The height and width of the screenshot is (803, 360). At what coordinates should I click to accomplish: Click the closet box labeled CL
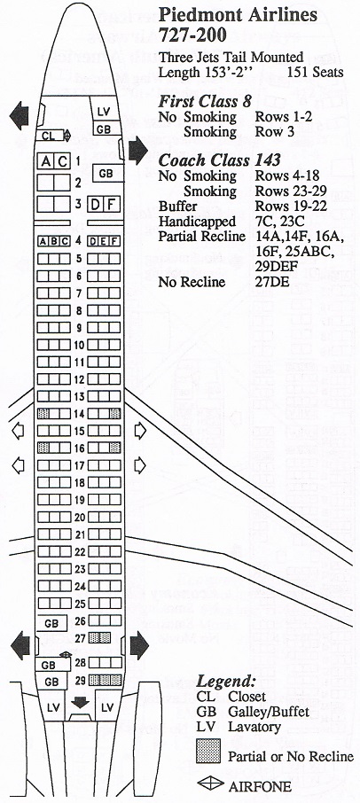[49, 136]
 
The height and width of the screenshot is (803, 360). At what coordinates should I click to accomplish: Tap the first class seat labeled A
[46, 162]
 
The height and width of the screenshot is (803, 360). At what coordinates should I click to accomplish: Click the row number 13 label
[79, 397]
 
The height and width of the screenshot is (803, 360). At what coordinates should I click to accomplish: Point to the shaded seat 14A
[43, 414]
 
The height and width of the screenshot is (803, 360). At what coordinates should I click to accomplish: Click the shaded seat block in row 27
[99, 637]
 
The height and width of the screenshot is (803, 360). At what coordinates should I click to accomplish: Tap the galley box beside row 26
[51, 623]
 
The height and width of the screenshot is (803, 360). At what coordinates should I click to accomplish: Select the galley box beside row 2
[106, 174]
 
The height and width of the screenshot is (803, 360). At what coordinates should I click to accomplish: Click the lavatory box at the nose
[104, 112]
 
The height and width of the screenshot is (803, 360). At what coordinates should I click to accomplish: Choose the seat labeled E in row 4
[105, 242]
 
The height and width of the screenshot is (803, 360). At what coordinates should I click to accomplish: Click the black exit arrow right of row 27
[139, 646]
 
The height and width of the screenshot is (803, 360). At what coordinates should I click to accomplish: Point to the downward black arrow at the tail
[80, 703]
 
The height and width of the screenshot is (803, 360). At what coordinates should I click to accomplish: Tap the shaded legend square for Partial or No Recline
[207, 751]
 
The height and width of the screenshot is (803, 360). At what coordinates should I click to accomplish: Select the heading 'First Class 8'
[205, 101]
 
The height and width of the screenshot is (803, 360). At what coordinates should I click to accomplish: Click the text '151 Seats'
[316, 72]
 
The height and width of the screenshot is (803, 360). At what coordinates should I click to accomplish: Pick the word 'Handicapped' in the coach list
[197, 222]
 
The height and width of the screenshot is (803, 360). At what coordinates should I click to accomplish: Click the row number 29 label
[79, 681]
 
